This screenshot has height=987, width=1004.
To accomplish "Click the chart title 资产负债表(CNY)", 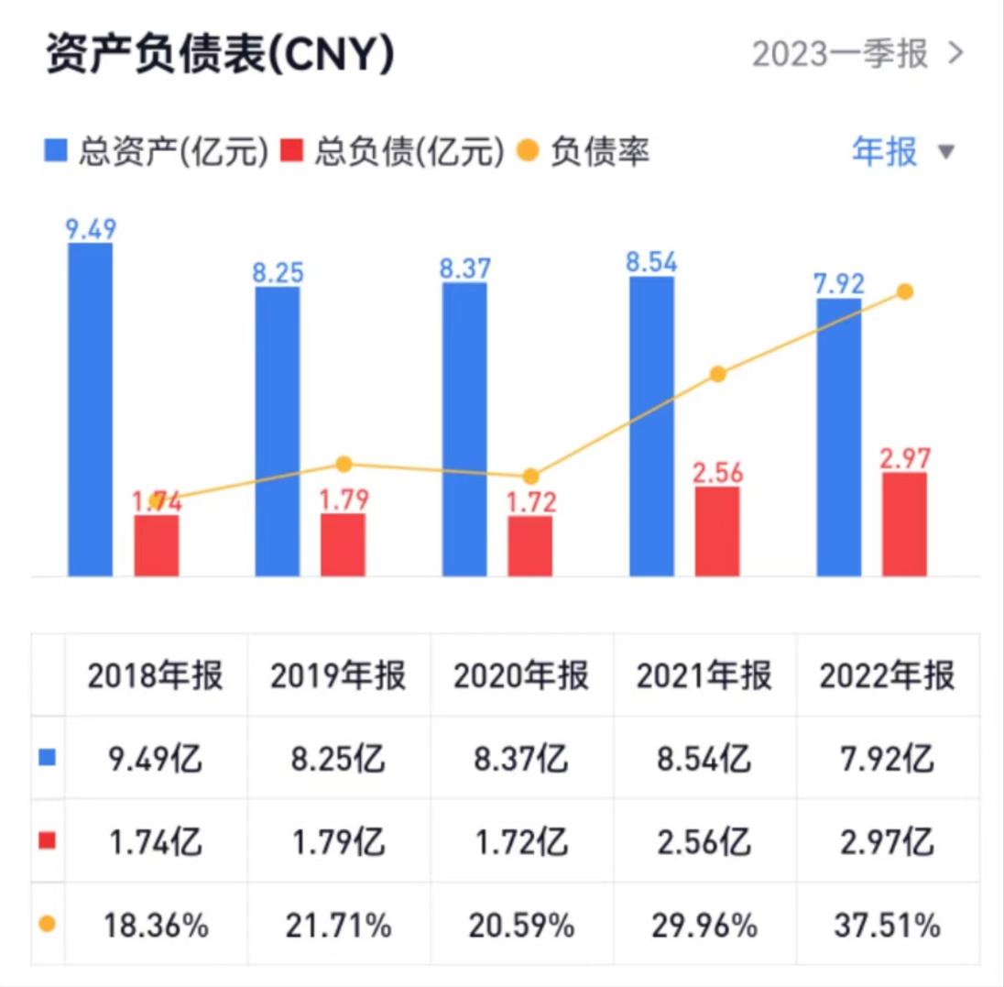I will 220,55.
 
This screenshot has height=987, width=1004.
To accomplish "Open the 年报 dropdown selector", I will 902,151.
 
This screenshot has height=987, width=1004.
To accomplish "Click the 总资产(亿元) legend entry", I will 157,152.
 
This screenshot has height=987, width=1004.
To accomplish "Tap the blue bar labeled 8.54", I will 651,426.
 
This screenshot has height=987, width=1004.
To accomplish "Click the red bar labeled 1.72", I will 530,546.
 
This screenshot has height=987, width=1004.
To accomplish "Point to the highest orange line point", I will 905,291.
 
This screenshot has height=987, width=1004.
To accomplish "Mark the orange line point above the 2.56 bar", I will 718,374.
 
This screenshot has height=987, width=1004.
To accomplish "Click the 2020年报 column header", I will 521,676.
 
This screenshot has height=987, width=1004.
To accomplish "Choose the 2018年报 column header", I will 155,676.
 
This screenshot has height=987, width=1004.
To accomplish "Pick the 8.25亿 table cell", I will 338,759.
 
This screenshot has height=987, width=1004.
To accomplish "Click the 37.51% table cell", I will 887,926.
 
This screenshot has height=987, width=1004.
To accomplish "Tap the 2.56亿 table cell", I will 704,841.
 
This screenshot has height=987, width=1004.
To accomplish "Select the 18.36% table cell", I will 155,926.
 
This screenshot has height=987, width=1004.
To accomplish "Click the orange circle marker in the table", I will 48,925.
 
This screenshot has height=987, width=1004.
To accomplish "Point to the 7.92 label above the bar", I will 838,282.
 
